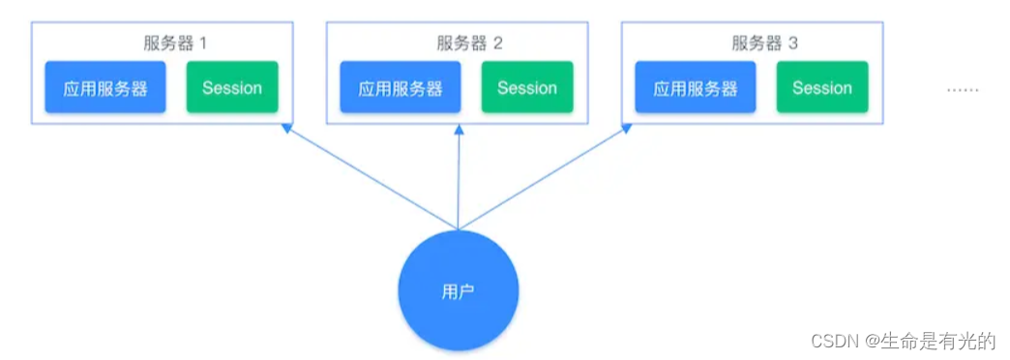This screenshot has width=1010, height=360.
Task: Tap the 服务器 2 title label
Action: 469,44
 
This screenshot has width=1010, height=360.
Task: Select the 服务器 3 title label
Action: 764,44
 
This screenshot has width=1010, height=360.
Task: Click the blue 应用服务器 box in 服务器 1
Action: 105,88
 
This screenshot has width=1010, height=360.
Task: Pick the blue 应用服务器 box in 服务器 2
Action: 401,88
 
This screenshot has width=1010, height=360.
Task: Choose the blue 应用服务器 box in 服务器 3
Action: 696,88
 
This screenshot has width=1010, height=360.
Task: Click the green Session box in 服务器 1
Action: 232,88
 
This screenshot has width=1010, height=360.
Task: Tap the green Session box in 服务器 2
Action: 527,88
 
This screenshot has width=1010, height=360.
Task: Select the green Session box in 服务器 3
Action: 822,88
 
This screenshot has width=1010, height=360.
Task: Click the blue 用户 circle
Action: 459,290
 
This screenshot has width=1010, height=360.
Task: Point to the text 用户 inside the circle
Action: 459,291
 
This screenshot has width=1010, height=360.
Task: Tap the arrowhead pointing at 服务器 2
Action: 460,131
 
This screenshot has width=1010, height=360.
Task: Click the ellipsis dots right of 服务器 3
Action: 962,89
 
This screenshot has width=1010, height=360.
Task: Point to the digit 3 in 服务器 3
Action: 793,44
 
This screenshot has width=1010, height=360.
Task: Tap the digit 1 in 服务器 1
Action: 203,44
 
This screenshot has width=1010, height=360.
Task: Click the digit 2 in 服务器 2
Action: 498,44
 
